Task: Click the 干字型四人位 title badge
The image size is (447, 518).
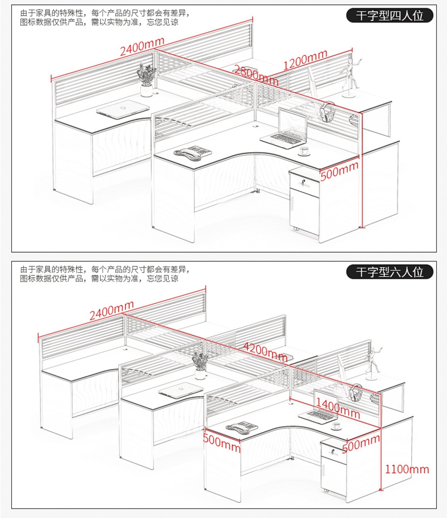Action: pos(390,15)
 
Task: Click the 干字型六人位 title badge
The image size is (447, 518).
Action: pos(390,272)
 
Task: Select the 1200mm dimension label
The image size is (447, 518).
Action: pos(305,60)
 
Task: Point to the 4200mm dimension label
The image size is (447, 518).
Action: pos(265,351)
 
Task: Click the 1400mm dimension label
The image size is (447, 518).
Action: pos(338,408)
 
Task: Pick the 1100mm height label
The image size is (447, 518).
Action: pos(406,469)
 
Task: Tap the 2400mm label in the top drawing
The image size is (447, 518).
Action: pos(142,46)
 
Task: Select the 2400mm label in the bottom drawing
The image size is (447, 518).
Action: pos(111,311)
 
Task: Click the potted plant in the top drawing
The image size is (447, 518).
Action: pos(146,80)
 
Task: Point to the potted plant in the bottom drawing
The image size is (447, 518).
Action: pos(200,365)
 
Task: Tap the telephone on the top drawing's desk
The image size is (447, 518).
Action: pos(193,152)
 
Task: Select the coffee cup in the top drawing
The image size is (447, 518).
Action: pos(303,151)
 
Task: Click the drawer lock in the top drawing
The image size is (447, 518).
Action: pos(303,181)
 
